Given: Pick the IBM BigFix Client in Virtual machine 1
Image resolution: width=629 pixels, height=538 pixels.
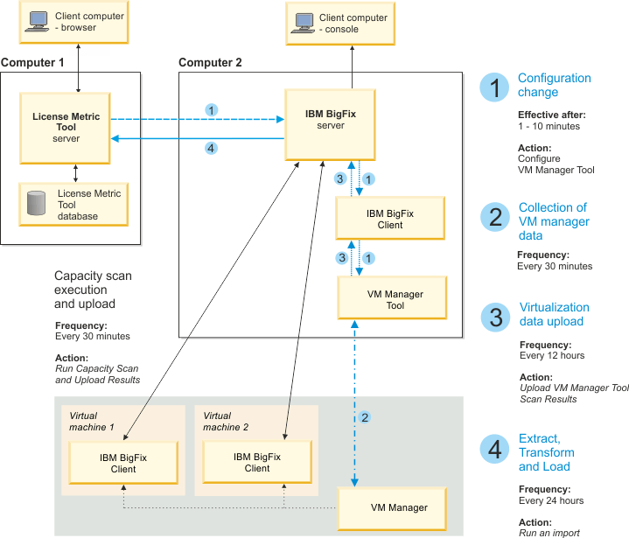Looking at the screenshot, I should click(x=124, y=462).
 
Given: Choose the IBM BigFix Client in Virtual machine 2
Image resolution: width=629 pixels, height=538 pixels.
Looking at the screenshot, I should click(x=257, y=462).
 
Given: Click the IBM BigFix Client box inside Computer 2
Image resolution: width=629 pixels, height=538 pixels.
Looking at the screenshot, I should click(x=390, y=219).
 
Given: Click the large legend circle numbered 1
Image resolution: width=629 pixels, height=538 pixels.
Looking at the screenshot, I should click(x=494, y=87).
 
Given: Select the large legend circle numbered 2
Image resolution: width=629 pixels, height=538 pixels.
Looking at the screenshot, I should click(x=494, y=216).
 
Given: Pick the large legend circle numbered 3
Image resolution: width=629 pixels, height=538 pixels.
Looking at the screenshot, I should click(x=494, y=316).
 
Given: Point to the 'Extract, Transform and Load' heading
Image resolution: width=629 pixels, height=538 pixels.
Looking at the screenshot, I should click(x=547, y=452).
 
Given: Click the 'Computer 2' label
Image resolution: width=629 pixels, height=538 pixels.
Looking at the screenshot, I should click(x=210, y=63).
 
